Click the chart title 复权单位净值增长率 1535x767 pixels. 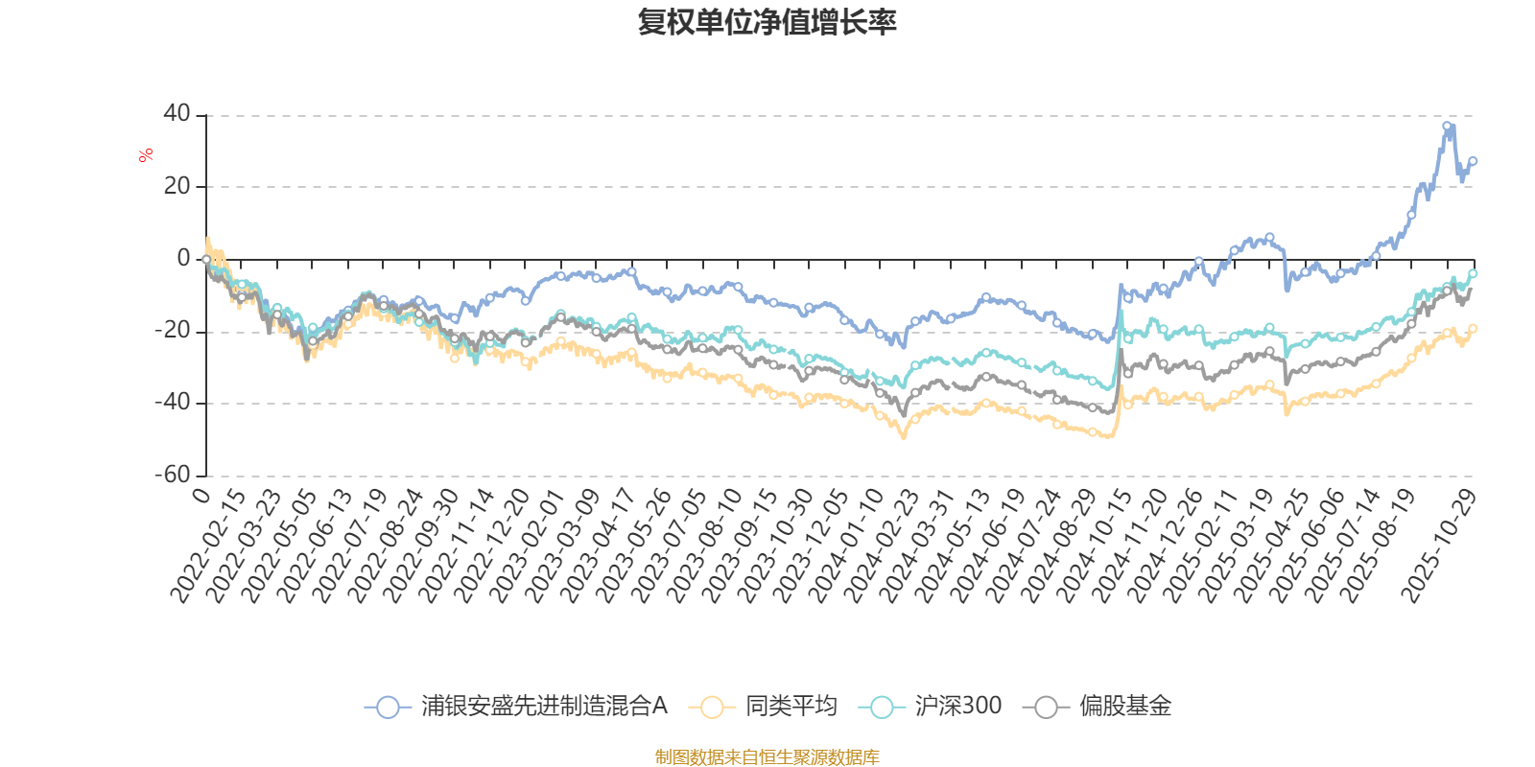(767, 22)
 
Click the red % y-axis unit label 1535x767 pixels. (146, 154)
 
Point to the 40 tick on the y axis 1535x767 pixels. (177, 113)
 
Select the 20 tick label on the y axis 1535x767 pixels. (177, 186)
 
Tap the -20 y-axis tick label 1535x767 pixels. (174, 331)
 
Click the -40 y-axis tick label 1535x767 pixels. (174, 403)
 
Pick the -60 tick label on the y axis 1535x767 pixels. (174, 475)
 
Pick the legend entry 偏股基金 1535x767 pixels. (1098, 707)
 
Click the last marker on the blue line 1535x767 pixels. (1473, 161)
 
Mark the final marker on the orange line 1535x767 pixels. (1473, 328)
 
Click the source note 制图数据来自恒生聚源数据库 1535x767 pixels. (767, 757)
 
